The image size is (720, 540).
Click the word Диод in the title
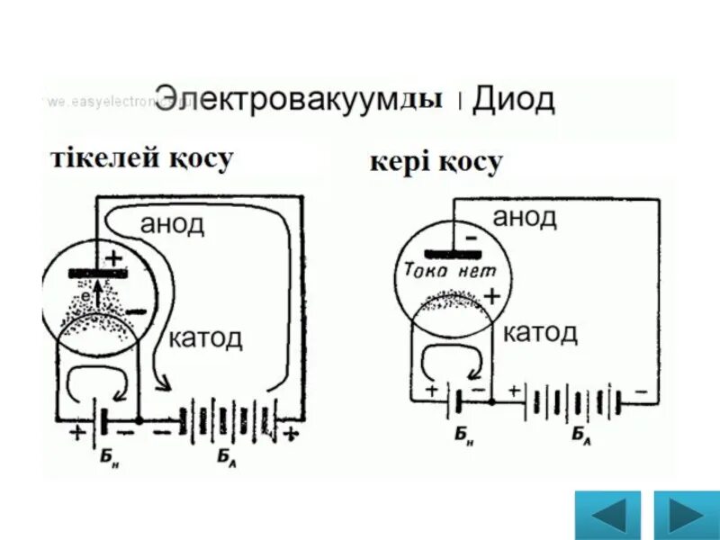coord(514,100)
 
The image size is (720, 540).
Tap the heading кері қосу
coord(436,165)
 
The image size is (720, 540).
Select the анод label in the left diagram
coord(172,224)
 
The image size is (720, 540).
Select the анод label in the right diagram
coord(525,216)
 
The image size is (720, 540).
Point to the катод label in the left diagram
coord(205,338)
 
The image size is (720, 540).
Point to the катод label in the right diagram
coord(540,333)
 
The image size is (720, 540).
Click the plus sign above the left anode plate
coord(113,258)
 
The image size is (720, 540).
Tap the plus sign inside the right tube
coord(492,295)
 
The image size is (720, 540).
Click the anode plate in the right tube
coord(450,253)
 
